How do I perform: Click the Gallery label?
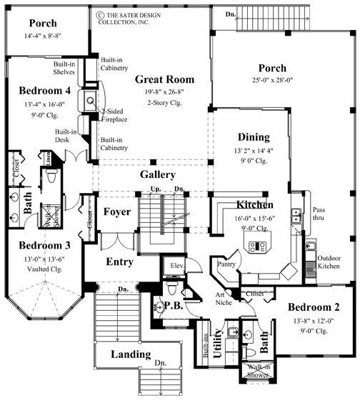coord(158,174)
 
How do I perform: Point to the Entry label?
coord(119,262)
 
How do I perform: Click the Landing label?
coord(131,354)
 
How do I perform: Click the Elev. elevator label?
coord(177,266)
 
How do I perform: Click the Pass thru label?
coord(319,214)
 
